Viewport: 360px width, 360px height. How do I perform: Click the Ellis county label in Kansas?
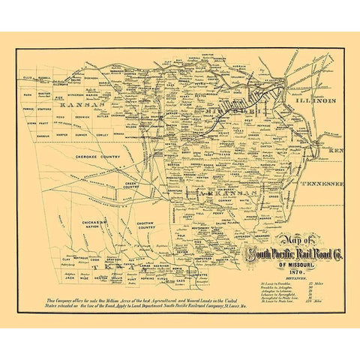[28, 77]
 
